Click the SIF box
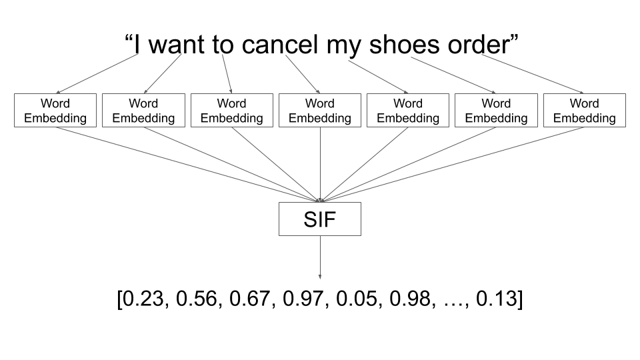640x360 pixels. (x=320, y=219)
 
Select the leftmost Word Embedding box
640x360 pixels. (x=55, y=111)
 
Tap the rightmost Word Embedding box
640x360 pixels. (x=585, y=111)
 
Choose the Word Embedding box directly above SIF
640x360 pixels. (x=320, y=111)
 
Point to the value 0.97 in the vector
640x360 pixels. (x=304, y=300)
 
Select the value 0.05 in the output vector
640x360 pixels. (x=357, y=300)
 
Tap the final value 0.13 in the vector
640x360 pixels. (x=495, y=300)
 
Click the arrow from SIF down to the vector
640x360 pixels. (x=320, y=257)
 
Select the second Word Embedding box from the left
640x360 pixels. (x=143, y=111)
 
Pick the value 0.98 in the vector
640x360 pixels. (x=411, y=300)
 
